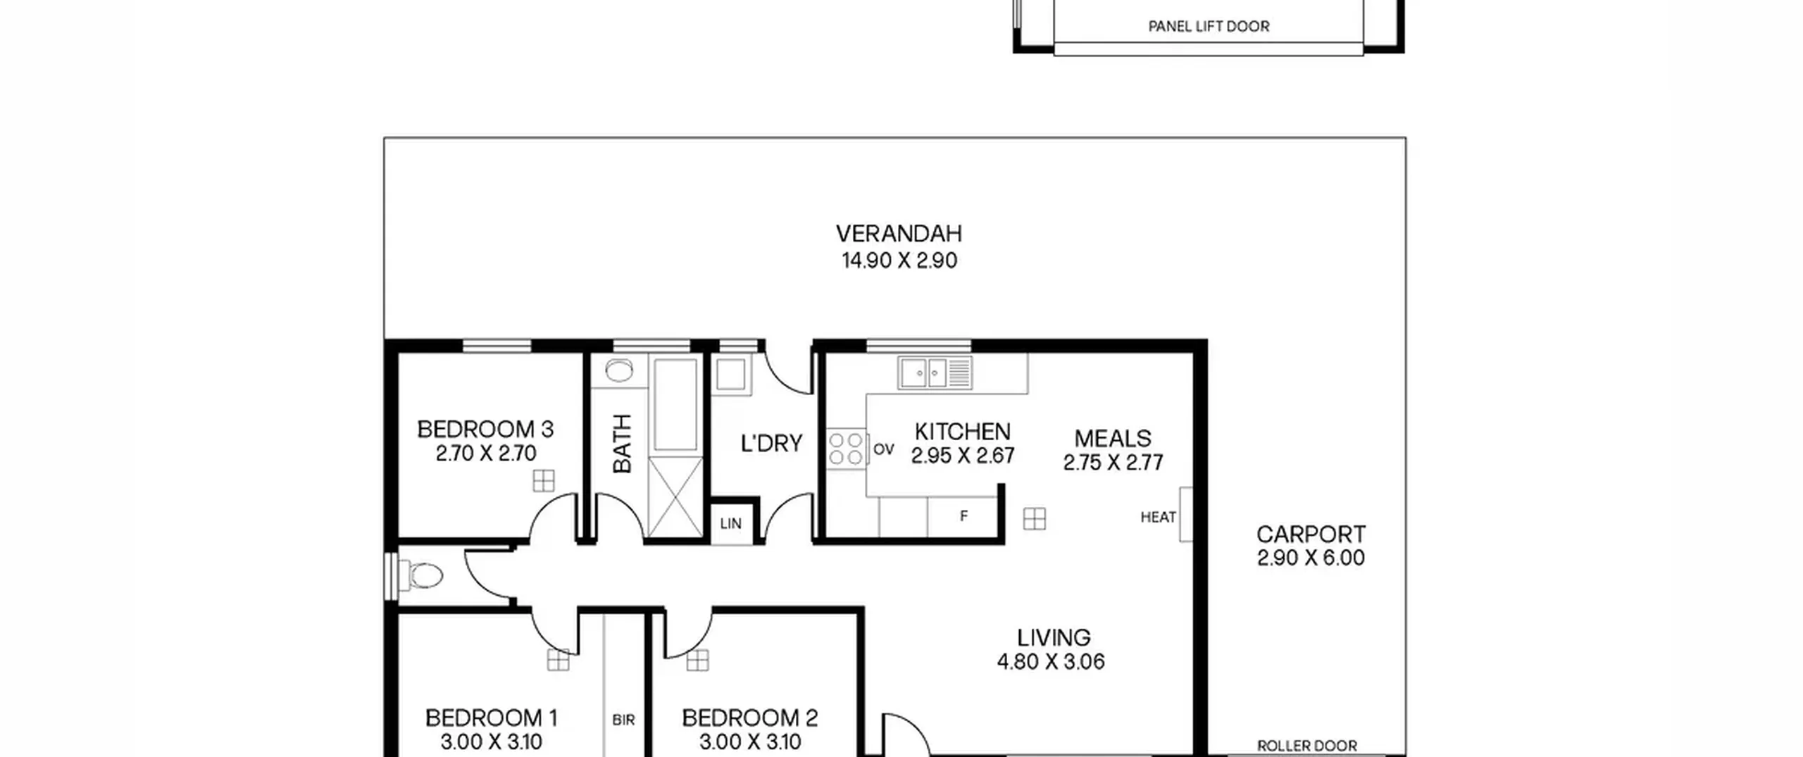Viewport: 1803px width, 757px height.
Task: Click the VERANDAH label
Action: pyautogui.click(x=899, y=233)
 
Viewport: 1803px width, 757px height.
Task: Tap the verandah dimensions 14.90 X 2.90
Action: pyautogui.click(x=899, y=261)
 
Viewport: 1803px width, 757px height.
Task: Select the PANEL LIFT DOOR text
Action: pyautogui.click(x=1209, y=27)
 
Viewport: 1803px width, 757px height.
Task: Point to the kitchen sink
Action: pyautogui.click(x=935, y=372)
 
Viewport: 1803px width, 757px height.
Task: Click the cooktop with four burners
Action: pyautogui.click(x=846, y=449)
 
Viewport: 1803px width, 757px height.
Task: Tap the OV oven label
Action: pyautogui.click(x=883, y=449)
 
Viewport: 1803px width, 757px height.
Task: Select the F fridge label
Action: pyautogui.click(x=963, y=516)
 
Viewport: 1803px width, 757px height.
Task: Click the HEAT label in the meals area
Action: pyautogui.click(x=1158, y=518)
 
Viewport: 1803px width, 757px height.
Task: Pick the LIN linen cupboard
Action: pyautogui.click(x=731, y=524)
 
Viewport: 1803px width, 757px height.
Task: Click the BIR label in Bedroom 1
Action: pyautogui.click(x=623, y=720)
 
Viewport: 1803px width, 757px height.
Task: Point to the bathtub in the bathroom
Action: pyautogui.click(x=675, y=404)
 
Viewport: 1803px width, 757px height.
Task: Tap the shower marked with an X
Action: pyautogui.click(x=675, y=497)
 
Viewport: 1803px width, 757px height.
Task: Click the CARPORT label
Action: pyautogui.click(x=1311, y=534)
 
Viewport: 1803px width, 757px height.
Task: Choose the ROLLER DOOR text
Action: pyautogui.click(x=1307, y=746)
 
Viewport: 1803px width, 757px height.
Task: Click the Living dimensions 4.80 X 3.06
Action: pyautogui.click(x=1051, y=662)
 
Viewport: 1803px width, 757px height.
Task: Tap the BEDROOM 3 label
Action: pyautogui.click(x=485, y=429)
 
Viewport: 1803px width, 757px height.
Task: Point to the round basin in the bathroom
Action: pyautogui.click(x=619, y=370)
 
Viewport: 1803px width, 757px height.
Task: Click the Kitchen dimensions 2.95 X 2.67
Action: pyautogui.click(x=963, y=456)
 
